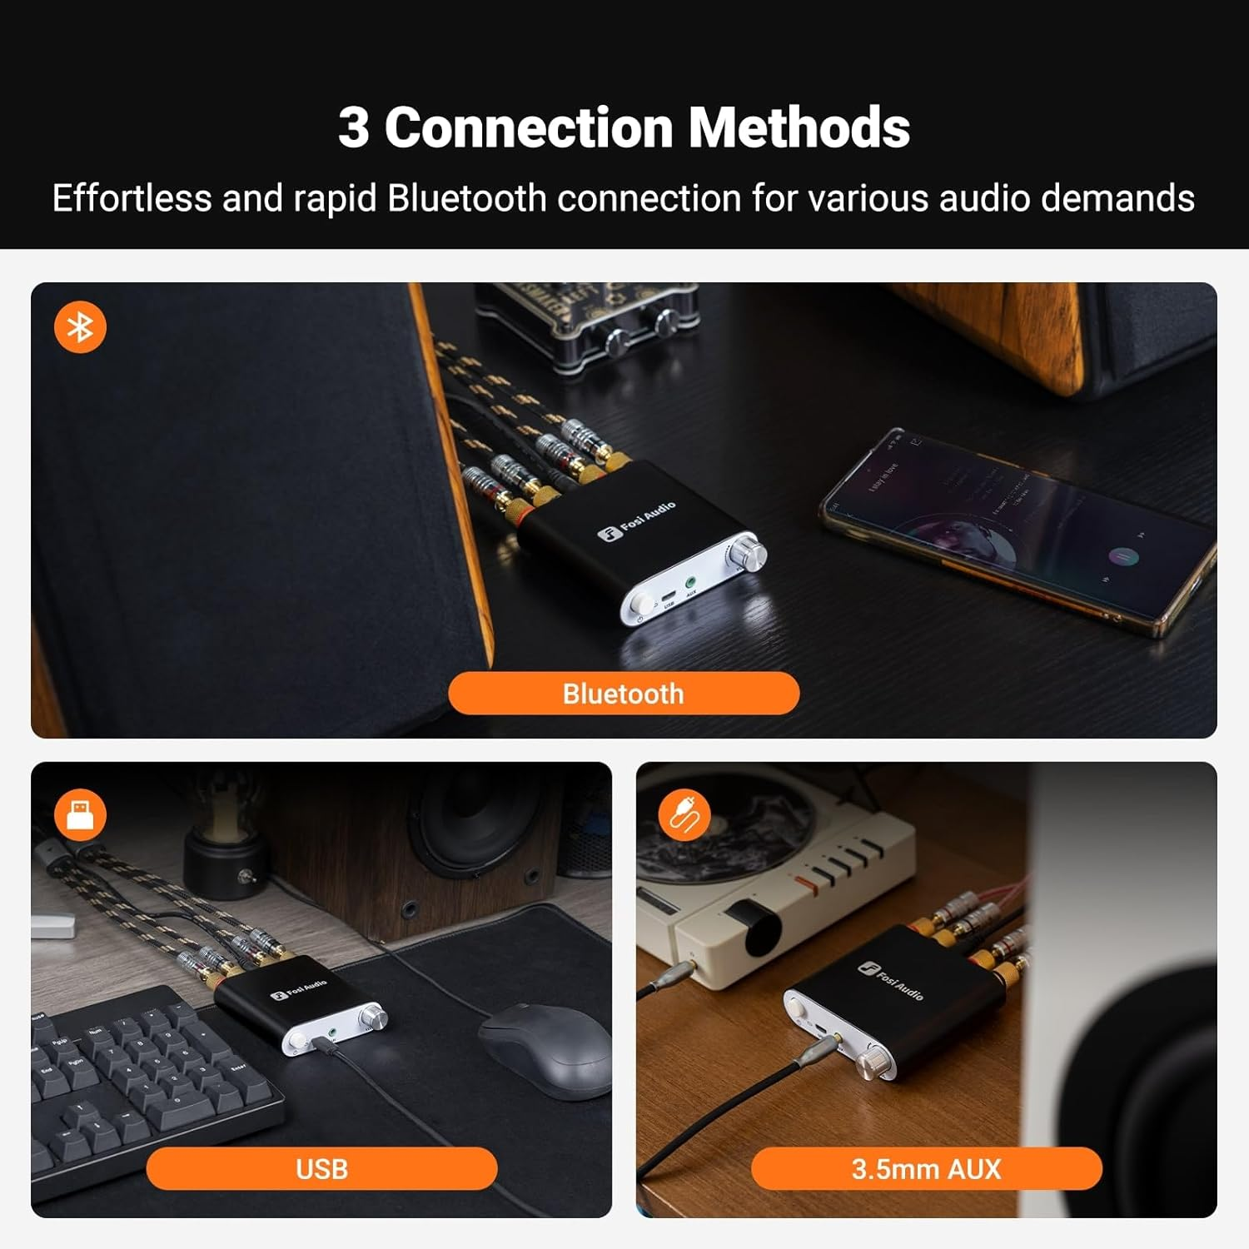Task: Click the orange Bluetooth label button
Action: tap(624, 693)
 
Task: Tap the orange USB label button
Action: tap(321, 1168)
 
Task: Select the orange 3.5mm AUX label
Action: tap(926, 1168)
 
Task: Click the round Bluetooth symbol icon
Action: tap(80, 327)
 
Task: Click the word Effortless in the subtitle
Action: tap(132, 198)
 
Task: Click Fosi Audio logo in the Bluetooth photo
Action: tap(637, 521)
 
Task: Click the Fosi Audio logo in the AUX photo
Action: tap(891, 979)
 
